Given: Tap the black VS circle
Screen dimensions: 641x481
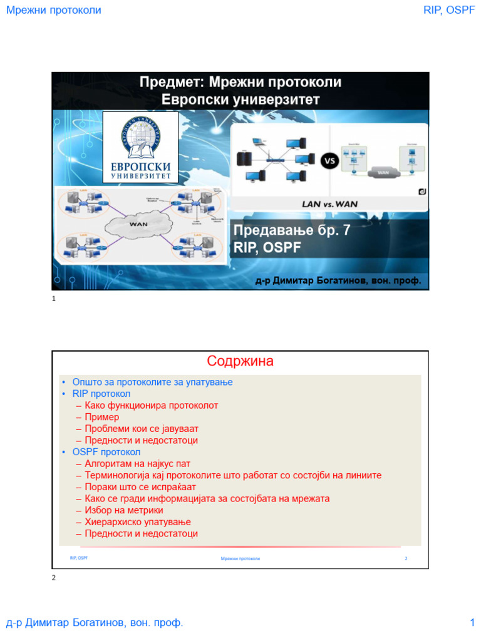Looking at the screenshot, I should (x=329, y=160).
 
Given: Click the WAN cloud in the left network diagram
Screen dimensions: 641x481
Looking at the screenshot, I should (x=138, y=223).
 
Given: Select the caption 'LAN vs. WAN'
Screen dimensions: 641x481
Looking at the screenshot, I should (x=330, y=203).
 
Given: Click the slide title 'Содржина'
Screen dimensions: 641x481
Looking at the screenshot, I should (x=240, y=362).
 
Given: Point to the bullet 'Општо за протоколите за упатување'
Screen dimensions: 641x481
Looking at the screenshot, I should (x=152, y=382).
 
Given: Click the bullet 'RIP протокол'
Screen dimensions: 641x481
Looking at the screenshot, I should (x=101, y=394).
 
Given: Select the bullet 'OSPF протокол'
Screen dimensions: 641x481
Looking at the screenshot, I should (x=106, y=452).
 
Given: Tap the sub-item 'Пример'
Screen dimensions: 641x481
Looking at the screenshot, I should (x=101, y=417).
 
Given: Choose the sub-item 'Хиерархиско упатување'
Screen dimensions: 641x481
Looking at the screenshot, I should (x=138, y=522).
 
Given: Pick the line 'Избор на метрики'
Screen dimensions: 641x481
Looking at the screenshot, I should (x=124, y=510).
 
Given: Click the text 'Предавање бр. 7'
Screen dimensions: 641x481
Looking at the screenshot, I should (x=292, y=230).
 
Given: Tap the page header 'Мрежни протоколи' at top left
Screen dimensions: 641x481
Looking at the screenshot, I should (x=53, y=11).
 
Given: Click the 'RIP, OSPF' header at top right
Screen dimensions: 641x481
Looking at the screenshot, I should (x=449, y=11).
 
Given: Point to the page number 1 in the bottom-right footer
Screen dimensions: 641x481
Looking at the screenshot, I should (x=472, y=623).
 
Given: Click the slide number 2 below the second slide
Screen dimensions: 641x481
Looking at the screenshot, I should (x=54, y=577).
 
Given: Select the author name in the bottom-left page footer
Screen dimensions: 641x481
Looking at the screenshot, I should (x=95, y=623).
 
